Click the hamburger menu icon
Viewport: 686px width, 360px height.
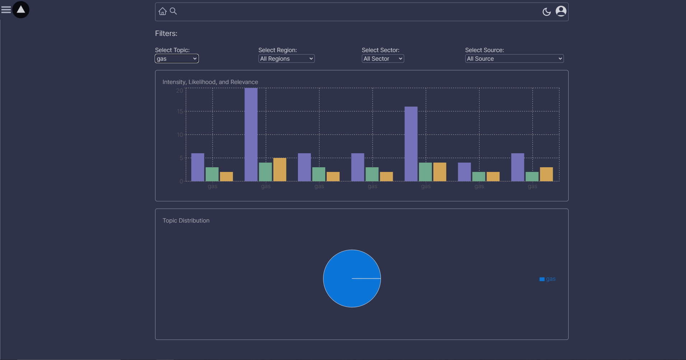point(6,10)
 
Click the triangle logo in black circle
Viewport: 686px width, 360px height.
point(21,10)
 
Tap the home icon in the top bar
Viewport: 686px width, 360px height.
point(163,11)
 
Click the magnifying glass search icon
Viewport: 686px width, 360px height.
point(173,11)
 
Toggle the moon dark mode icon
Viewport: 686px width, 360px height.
point(546,12)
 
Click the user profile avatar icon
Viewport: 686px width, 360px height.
point(561,11)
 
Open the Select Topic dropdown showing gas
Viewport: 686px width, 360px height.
point(177,59)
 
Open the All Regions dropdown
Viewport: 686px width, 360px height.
point(286,59)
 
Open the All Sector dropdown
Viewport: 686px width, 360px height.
point(383,59)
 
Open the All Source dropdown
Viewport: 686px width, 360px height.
point(514,59)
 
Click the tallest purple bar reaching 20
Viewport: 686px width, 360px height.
point(251,135)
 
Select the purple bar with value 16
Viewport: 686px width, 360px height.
point(411,144)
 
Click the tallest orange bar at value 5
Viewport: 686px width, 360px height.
point(280,169)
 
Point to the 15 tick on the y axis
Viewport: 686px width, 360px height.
point(180,112)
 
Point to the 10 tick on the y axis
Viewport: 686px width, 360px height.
point(180,135)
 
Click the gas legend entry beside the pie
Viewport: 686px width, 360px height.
point(548,279)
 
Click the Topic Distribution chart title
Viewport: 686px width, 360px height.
point(186,220)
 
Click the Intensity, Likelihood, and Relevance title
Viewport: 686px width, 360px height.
point(210,82)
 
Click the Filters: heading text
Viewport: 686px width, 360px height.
point(166,33)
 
